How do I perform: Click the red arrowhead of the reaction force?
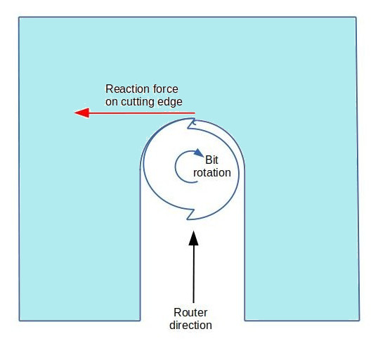click(x=82, y=112)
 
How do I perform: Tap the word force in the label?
click(x=166, y=89)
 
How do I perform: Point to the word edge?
click(x=170, y=102)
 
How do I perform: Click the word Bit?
click(x=211, y=160)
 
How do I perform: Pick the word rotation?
click(x=212, y=173)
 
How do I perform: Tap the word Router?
click(x=190, y=313)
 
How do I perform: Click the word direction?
click(x=190, y=326)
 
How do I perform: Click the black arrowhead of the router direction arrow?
click(x=194, y=238)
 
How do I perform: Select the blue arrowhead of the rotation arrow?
click(x=199, y=153)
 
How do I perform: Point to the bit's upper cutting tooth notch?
click(x=192, y=124)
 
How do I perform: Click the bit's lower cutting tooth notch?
click(x=191, y=214)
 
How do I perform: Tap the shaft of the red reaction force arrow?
click(x=142, y=112)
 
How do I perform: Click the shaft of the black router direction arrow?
click(x=194, y=274)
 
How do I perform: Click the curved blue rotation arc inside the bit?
click(x=175, y=167)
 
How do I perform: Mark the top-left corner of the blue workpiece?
click(x=19, y=17)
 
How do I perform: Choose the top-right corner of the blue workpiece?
click(x=356, y=17)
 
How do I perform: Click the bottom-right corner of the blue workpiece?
click(x=360, y=321)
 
